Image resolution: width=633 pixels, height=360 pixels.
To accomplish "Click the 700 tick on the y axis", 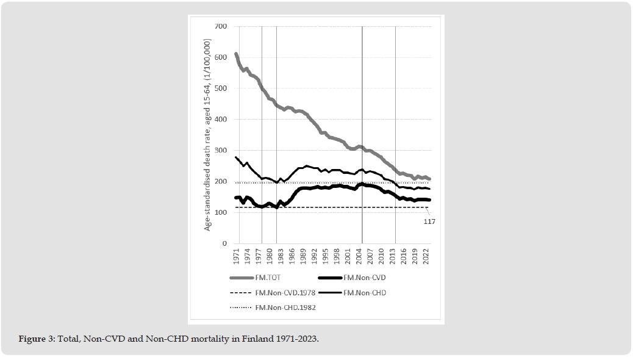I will coord(220,26).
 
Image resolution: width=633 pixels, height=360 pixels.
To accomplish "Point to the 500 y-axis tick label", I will coord(220,88).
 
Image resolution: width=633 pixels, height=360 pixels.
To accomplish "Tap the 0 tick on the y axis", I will coord(224,243).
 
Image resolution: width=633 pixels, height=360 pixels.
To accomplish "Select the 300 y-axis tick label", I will coord(220,151).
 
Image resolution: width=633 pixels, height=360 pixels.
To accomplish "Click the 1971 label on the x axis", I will coord(236,256).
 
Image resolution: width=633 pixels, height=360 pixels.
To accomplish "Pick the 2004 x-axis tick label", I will coord(359,256).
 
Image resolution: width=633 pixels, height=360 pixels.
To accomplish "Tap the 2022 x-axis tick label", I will coord(426,256).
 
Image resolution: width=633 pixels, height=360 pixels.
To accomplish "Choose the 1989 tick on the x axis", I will coord(303,256).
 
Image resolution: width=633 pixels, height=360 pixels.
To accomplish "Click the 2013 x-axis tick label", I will coord(393,256).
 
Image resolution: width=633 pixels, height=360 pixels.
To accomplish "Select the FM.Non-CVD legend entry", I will coord(365,278).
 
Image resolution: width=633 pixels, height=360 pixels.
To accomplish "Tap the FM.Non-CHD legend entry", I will coord(365,293).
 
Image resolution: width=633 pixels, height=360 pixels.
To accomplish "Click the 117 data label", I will coord(429,221).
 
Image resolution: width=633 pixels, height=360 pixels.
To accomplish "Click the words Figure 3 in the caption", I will coord(36,338).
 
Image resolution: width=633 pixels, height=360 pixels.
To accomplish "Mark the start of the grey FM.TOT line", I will coord(236,54).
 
